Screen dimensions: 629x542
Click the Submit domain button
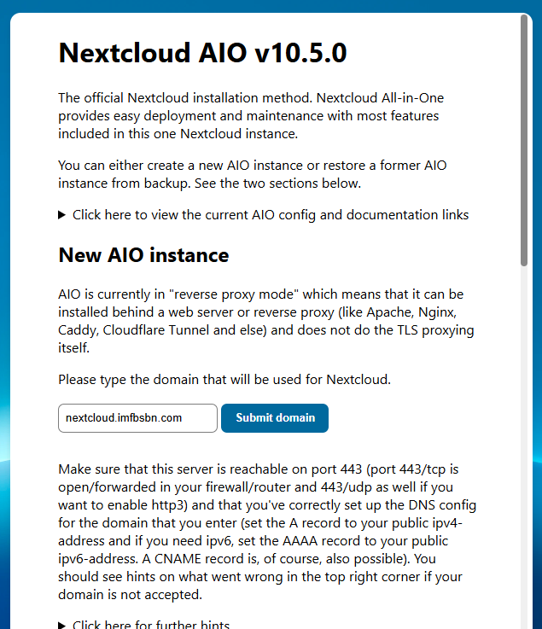[275, 418]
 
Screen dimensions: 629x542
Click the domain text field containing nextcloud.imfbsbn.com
[137, 418]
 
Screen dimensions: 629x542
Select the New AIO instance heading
[143, 255]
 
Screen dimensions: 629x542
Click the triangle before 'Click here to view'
[62, 215]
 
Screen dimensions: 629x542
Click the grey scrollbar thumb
[524, 141]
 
